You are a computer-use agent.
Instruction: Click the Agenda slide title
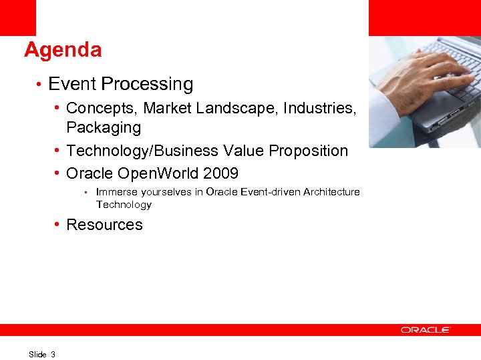pos(63,50)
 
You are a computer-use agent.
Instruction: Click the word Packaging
pos(104,127)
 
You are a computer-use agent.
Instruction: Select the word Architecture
pos(331,192)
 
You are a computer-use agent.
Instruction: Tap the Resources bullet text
pos(104,225)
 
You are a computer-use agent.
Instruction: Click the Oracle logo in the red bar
pos(426,329)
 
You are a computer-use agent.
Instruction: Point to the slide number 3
pos(53,354)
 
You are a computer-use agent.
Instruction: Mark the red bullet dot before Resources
pos(59,225)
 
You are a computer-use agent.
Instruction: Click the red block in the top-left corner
pos(18,17)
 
